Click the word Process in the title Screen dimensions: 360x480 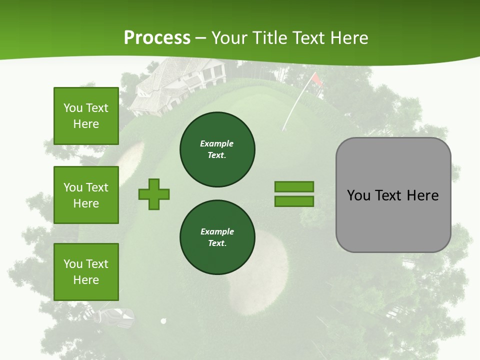157,38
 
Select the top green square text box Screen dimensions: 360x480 86,116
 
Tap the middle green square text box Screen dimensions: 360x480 86,195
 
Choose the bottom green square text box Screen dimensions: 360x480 86,272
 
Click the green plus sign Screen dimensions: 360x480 154,194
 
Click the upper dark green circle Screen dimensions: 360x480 217,149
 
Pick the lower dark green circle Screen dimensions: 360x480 217,237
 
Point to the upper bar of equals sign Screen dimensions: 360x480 294,186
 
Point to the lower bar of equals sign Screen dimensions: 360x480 294,201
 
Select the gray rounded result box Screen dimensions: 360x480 393,195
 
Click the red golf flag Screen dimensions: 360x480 316,79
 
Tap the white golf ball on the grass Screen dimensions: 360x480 163,321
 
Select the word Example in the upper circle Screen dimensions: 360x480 217,143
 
